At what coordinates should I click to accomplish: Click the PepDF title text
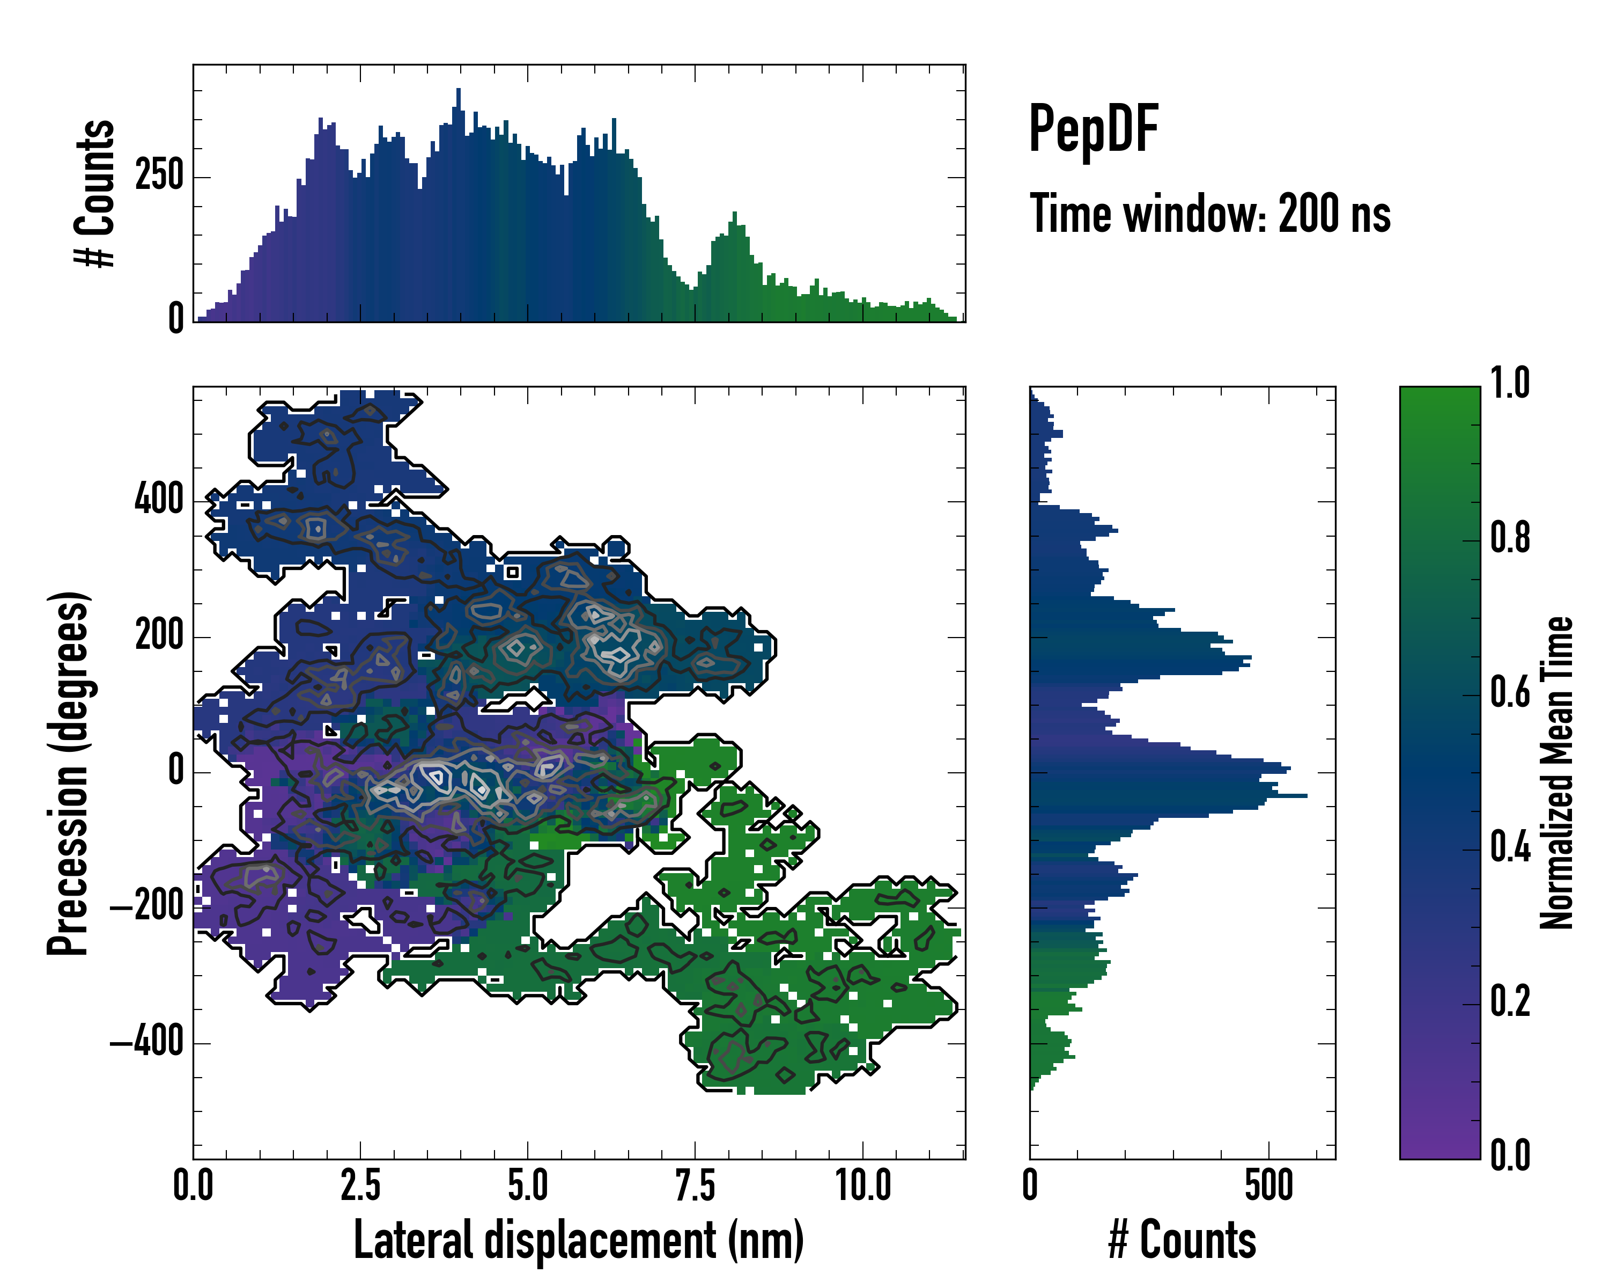pyautogui.click(x=1093, y=128)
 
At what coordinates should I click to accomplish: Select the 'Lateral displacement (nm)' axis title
pyautogui.click(x=578, y=1241)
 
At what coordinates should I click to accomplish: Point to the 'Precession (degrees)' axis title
pyautogui.click(x=69, y=772)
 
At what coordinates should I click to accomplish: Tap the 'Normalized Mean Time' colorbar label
pyautogui.click(x=1557, y=772)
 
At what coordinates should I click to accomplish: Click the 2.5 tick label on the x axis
pyautogui.click(x=360, y=1185)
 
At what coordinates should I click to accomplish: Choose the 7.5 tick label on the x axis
pyautogui.click(x=695, y=1185)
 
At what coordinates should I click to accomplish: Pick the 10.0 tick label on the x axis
pyautogui.click(x=863, y=1185)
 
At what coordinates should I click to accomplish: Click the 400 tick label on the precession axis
pyautogui.click(x=159, y=500)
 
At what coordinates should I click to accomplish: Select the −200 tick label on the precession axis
pyautogui.click(x=147, y=906)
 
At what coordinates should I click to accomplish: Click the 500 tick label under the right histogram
pyautogui.click(x=1268, y=1185)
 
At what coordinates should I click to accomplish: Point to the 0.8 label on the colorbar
pyautogui.click(x=1510, y=538)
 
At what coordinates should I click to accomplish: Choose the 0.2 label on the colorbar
pyautogui.click(x=1510, y=1002)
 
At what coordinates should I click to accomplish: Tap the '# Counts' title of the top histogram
pyautogui.click(x=95, y=193)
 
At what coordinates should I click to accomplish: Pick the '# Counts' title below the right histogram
pyautogui.click(x=1182, y=1241)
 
